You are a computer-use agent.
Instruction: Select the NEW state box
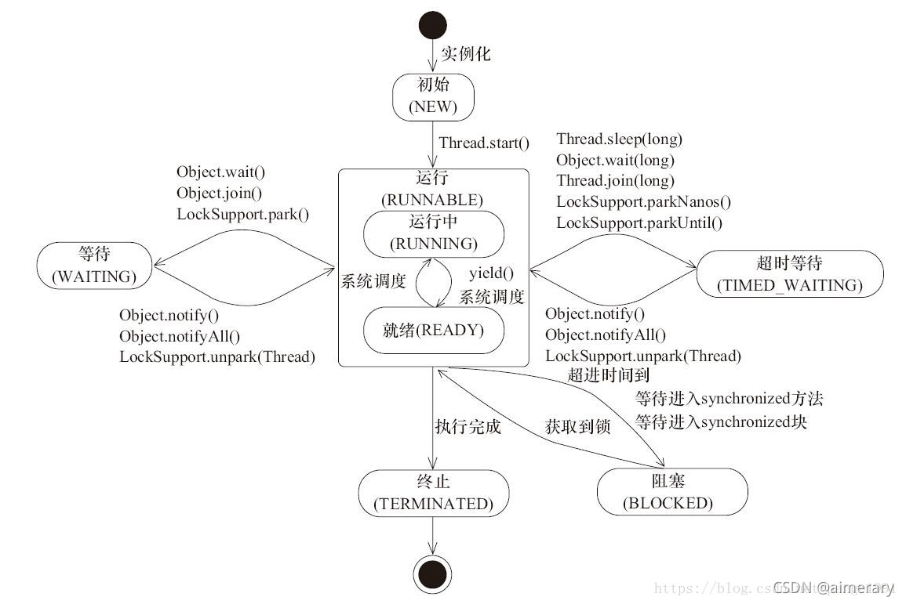click(433, 97)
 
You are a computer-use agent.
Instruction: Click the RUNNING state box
click(433, 233)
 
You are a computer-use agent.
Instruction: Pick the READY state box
click(433, 330)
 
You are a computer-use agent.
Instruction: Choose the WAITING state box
click(94, 266)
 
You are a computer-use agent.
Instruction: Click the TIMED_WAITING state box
click(789, 273)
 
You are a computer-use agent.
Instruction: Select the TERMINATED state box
click(433, 493)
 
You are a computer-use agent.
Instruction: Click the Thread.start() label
click(484, 143)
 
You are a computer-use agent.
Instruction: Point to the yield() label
click(491, 273)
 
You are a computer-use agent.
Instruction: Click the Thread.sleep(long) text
click(619, 139)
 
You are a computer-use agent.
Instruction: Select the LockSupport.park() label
click(243, 213)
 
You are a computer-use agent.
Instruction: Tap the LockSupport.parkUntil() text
click(639, 222)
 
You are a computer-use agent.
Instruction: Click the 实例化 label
click(465, 54)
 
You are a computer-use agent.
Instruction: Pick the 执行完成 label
click(468, 427)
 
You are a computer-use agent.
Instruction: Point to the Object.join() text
click(220, 193)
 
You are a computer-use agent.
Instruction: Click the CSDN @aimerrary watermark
click(833, 588)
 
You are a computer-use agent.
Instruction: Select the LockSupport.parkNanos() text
click(643, 201)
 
